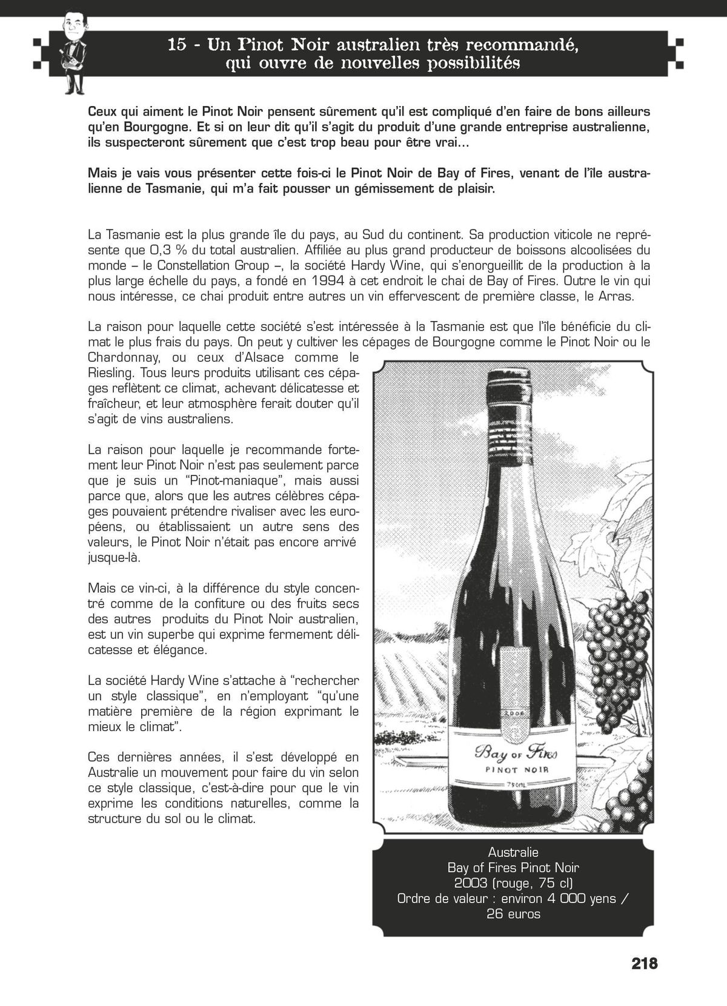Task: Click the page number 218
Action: coord(644,963)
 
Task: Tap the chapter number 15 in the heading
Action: coord(178,45)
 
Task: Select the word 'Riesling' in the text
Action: coord(107,372)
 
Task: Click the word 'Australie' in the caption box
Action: coord(513,853)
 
